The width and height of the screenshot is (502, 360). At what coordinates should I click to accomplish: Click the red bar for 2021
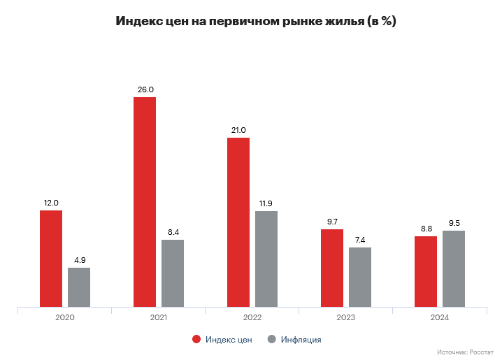click(145, 201)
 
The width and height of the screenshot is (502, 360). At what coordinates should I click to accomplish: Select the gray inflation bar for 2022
click(266, 259)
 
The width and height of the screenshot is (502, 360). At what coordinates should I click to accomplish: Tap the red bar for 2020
click(51, 258)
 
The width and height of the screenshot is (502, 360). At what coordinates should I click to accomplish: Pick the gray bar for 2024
click(454, 268)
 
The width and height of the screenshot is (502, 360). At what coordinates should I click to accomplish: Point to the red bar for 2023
click(332, 268)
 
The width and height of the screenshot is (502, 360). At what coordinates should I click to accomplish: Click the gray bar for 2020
click(79, 287)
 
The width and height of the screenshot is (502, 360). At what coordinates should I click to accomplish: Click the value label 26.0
click(145, 89)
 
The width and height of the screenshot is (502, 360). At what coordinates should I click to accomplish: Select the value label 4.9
click(79, 260)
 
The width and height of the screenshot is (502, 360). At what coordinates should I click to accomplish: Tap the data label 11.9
click(266, 203)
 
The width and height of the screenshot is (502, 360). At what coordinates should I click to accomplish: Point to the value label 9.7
click(332, 222)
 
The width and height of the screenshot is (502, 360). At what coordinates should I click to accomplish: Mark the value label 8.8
click(426, 229)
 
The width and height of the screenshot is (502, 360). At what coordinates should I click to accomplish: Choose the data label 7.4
click(360, 240)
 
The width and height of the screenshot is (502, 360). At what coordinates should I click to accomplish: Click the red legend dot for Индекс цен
click(196, 340)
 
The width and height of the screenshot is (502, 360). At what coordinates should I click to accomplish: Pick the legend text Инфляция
click(301, 340)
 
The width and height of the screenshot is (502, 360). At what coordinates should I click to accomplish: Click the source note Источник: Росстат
click(464, 352)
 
